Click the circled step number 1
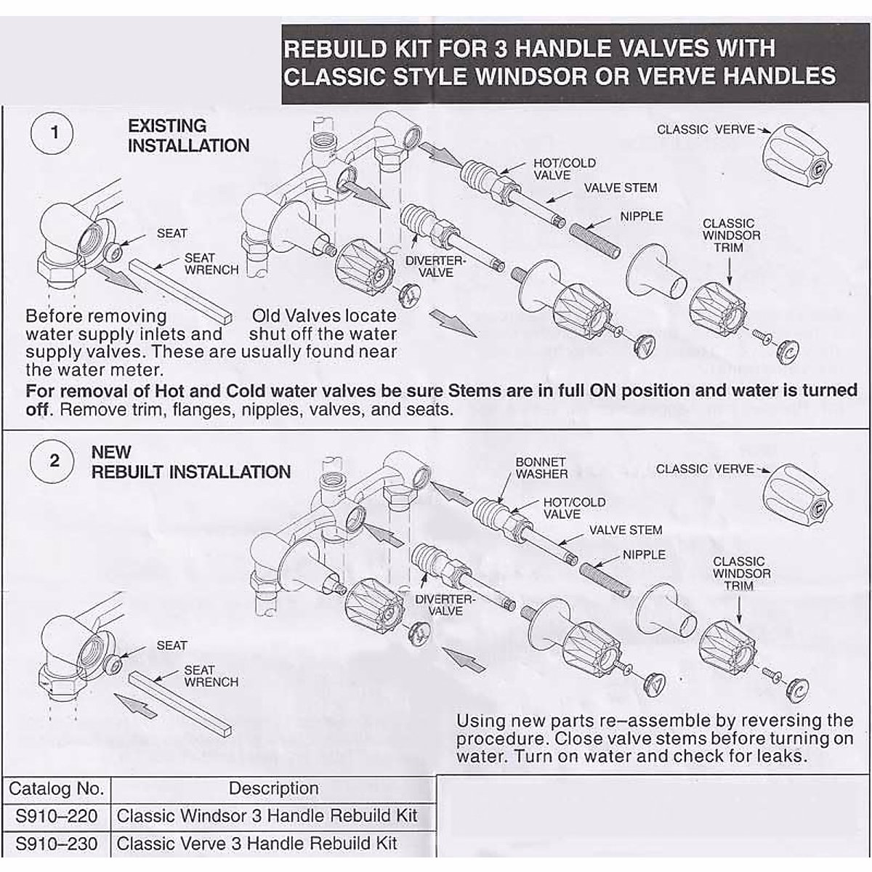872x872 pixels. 53,134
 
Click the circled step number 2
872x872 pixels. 53,461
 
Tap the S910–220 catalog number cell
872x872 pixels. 56,816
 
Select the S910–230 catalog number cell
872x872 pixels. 56,844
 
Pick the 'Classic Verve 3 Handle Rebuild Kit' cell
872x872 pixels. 257,844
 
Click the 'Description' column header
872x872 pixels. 273,788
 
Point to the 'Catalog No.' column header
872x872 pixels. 56,788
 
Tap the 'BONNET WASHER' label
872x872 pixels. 541,468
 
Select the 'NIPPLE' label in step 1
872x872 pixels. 641,217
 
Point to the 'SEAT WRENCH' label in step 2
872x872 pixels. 211,676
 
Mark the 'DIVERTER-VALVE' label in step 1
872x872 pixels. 435,267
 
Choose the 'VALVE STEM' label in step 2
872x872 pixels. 625,530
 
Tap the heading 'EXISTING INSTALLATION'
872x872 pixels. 188,136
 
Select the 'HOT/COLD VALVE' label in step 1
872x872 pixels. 564,169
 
